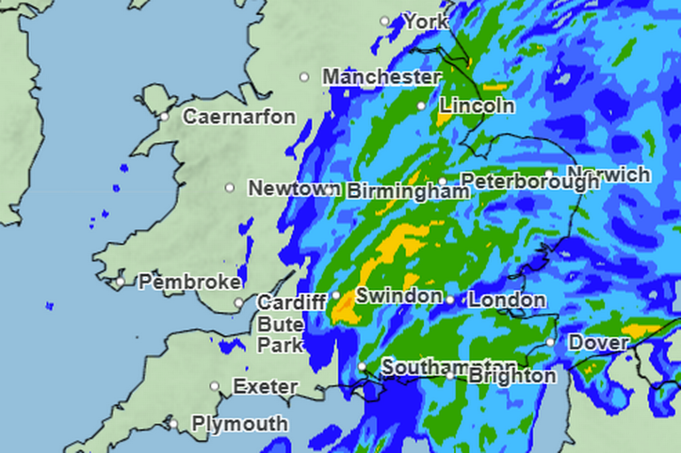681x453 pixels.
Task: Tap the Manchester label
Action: click(381, 77)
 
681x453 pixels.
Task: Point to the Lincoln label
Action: click(477, 105)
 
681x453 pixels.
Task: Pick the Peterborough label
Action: click(530, 182)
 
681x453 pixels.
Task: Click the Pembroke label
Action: click(190, 282)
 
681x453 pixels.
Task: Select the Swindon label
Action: click(399, 295)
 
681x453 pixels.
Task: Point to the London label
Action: click(506, 301)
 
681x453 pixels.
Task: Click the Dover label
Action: click(599, 342)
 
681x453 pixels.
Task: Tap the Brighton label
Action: click(512, 376)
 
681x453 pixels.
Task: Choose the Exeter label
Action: click(265, 387)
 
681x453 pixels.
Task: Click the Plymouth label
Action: click(239, 424)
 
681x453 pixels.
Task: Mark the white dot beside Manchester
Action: click(304, 77)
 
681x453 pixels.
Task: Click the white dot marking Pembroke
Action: click(121, 282)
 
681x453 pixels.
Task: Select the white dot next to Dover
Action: click(551, 342)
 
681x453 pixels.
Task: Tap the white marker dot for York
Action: click(385, 20)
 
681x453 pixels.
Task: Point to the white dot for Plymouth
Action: click(174, 424)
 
